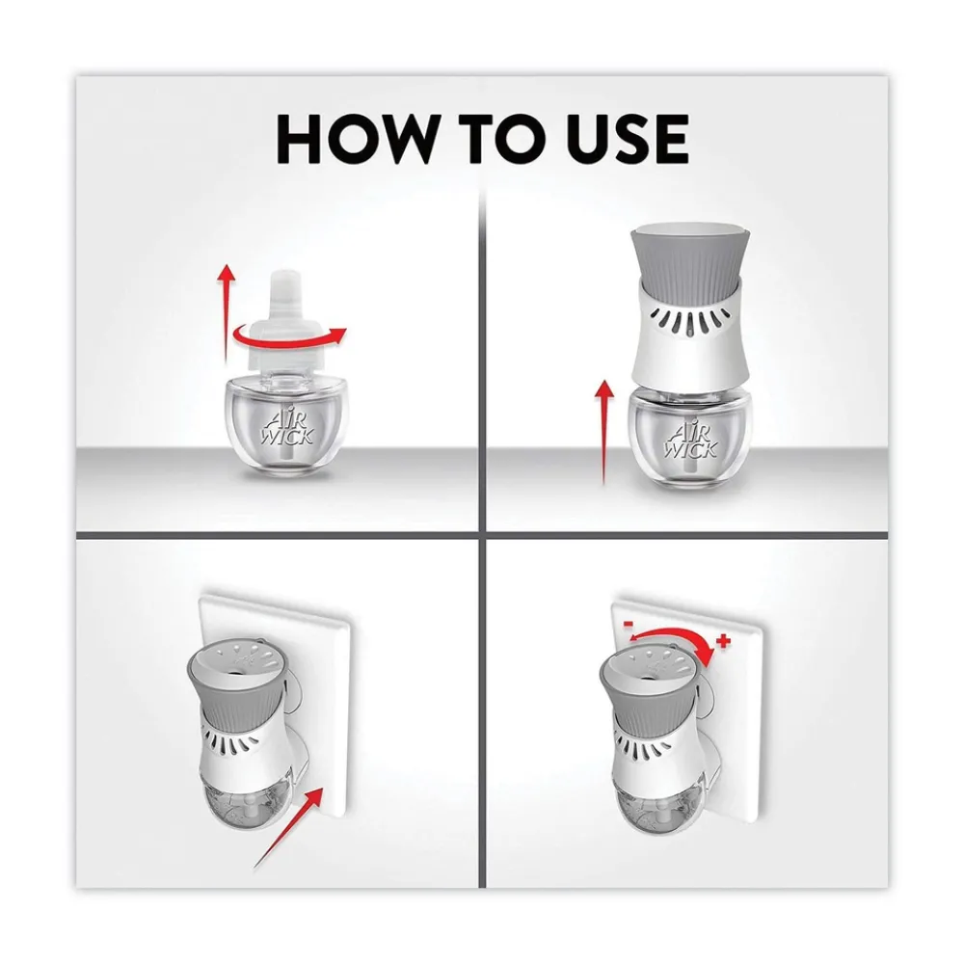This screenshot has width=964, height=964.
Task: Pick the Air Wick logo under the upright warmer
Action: pyautogui.click(x=691, y=438)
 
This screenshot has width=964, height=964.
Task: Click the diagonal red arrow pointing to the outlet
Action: pyautogui.click(x=287, y=827)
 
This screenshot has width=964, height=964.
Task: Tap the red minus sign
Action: pyautogui.click(x=629, y=624)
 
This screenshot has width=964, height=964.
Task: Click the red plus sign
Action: pyautogui.click(x=724, y=641)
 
